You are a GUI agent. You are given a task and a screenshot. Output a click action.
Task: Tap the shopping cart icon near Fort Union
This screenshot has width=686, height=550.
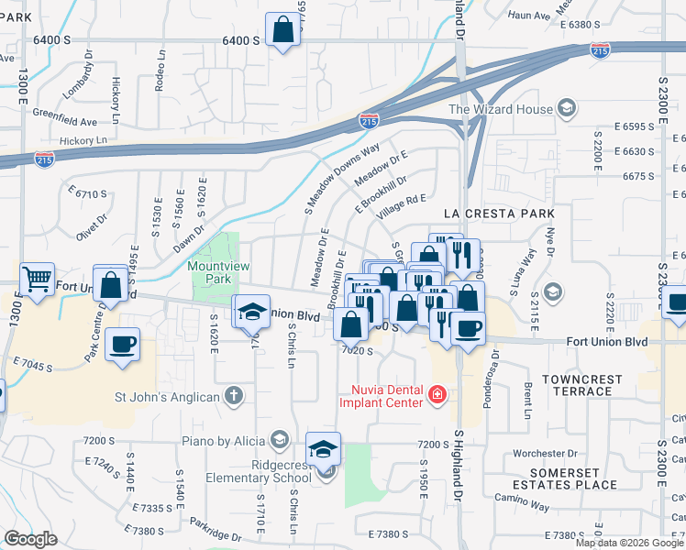[x=37, y=278]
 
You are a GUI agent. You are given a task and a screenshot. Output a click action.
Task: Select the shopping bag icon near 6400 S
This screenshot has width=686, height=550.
[x=283, y=28]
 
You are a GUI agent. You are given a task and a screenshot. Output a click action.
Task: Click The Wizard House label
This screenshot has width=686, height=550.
[x=500, y=109]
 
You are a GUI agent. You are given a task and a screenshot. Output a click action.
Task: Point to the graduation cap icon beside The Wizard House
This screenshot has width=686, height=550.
[x=567, y=109]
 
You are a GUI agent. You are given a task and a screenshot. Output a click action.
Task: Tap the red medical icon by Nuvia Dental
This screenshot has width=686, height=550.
[x=437, y=396]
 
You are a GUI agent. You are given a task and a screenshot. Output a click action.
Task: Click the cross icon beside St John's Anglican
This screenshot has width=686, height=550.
[x=234, y=396]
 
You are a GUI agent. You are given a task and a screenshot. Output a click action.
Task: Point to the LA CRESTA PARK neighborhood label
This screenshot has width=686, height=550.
[x=498, y=213]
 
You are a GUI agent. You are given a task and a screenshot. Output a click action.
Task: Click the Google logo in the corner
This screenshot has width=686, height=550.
[x=30, y=539]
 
